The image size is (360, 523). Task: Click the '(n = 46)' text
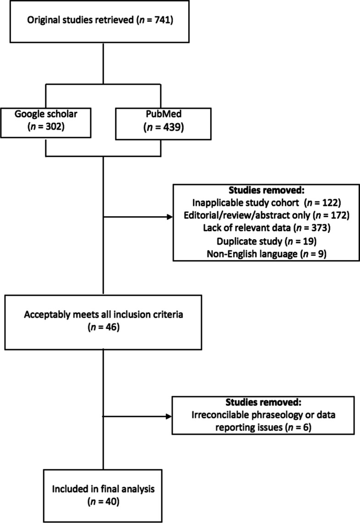(x=104, y=327)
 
